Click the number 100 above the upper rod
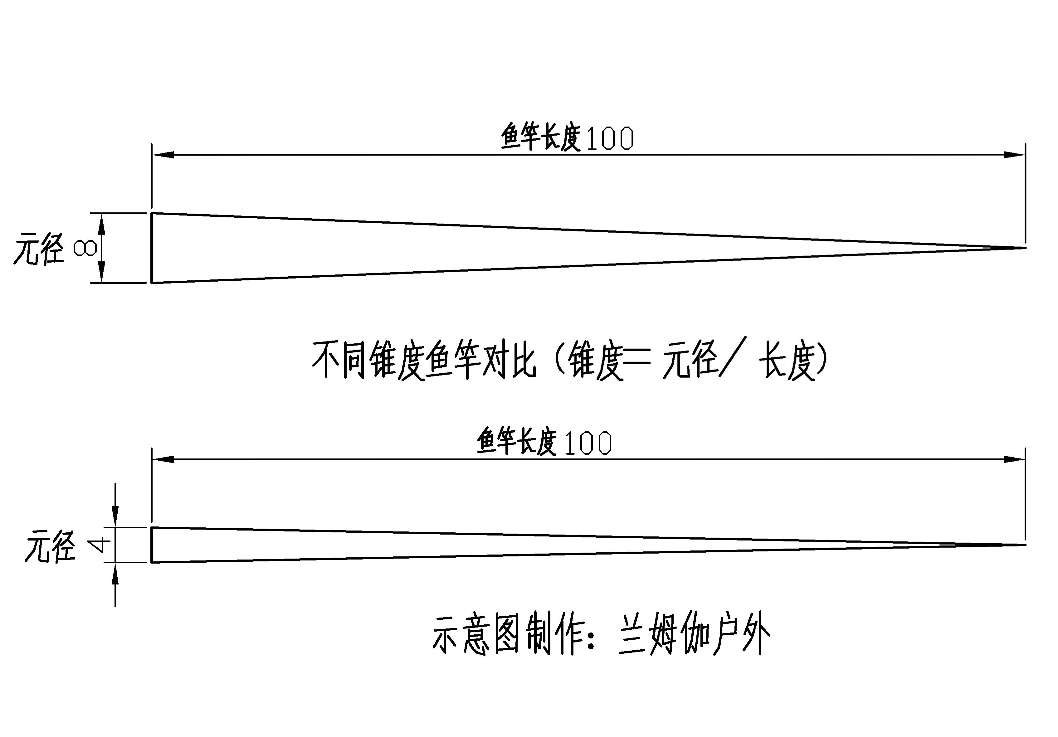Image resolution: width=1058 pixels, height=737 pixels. (x=610, y=139)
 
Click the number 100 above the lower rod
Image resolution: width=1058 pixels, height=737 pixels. (x=588, y=444)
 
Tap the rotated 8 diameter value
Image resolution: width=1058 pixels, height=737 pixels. (x=85, y=249)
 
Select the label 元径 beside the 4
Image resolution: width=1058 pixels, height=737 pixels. (x=50, y=546)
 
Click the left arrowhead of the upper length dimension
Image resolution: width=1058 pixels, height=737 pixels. (x=162, y=155)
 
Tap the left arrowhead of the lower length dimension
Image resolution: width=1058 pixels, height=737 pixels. (x=162, y=459)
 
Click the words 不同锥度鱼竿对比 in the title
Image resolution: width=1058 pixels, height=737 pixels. (x=424, y=360)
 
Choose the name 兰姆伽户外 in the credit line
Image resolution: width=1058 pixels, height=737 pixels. (x=694, y=634)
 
